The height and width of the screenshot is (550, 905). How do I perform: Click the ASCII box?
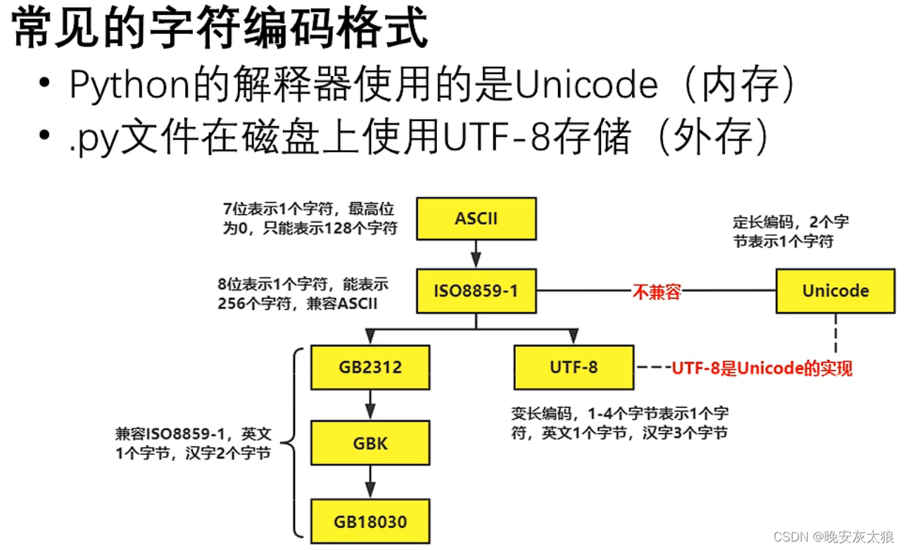[476, 218]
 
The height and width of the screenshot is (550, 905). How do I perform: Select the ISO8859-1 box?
[476, 290]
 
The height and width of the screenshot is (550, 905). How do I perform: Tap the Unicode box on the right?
[835, 291]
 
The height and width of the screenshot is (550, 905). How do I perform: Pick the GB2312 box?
[369, 367]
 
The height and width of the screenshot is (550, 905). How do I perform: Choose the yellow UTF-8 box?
[574, 367]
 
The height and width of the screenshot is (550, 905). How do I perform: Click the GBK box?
[369, 444]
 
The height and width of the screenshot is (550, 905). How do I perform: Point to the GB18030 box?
[369, 522]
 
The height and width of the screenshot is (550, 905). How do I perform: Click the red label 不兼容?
[657, 292]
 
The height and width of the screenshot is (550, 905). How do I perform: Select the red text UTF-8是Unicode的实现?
[761, 368]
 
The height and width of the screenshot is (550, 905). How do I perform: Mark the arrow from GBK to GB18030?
[370, 482]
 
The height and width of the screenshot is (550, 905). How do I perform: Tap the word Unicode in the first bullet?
[586, 86]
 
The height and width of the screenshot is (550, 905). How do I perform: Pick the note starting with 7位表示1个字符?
[310, 218]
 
